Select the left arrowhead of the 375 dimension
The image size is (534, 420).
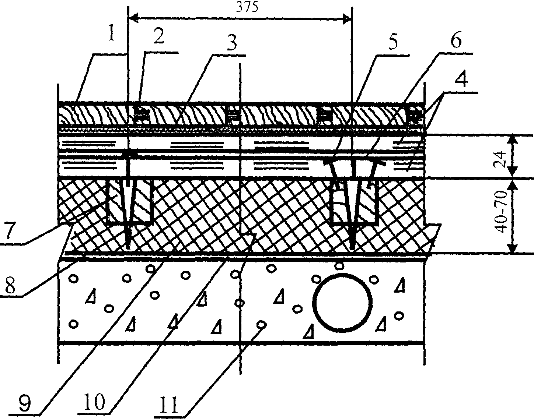(133, 18)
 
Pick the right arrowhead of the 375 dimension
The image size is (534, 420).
(346, 18)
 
